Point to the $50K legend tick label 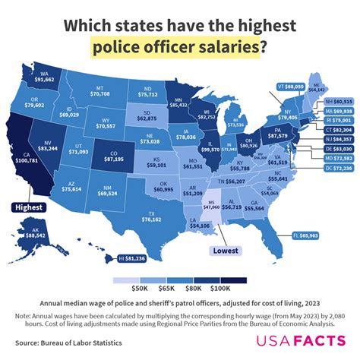click(139, 288)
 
